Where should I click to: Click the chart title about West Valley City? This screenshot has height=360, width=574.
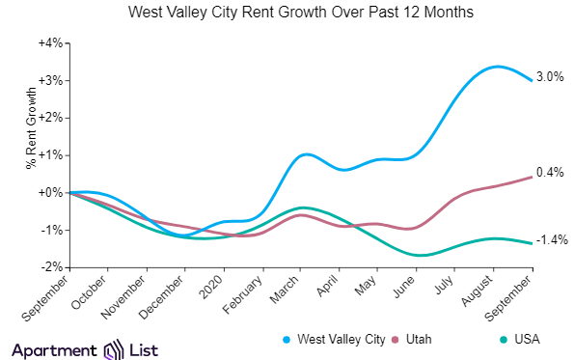(x=287, y=14)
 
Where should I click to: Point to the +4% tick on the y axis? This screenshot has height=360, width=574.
(x=50, y=43)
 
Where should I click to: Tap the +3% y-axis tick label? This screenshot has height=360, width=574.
(x=50, y=80)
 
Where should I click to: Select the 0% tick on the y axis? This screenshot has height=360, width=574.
(x=53, y=192)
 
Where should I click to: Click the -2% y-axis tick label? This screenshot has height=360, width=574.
(x=51, y=267)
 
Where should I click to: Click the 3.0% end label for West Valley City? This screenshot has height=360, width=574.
(x=550, y=77)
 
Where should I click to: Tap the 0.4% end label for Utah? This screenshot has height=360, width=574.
(x=550, y=173)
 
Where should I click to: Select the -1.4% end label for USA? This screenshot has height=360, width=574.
(x=550, y=239)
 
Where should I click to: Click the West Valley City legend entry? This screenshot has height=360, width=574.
(x=338, y=340)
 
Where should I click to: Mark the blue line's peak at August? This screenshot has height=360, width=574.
(x=495, y=67)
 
